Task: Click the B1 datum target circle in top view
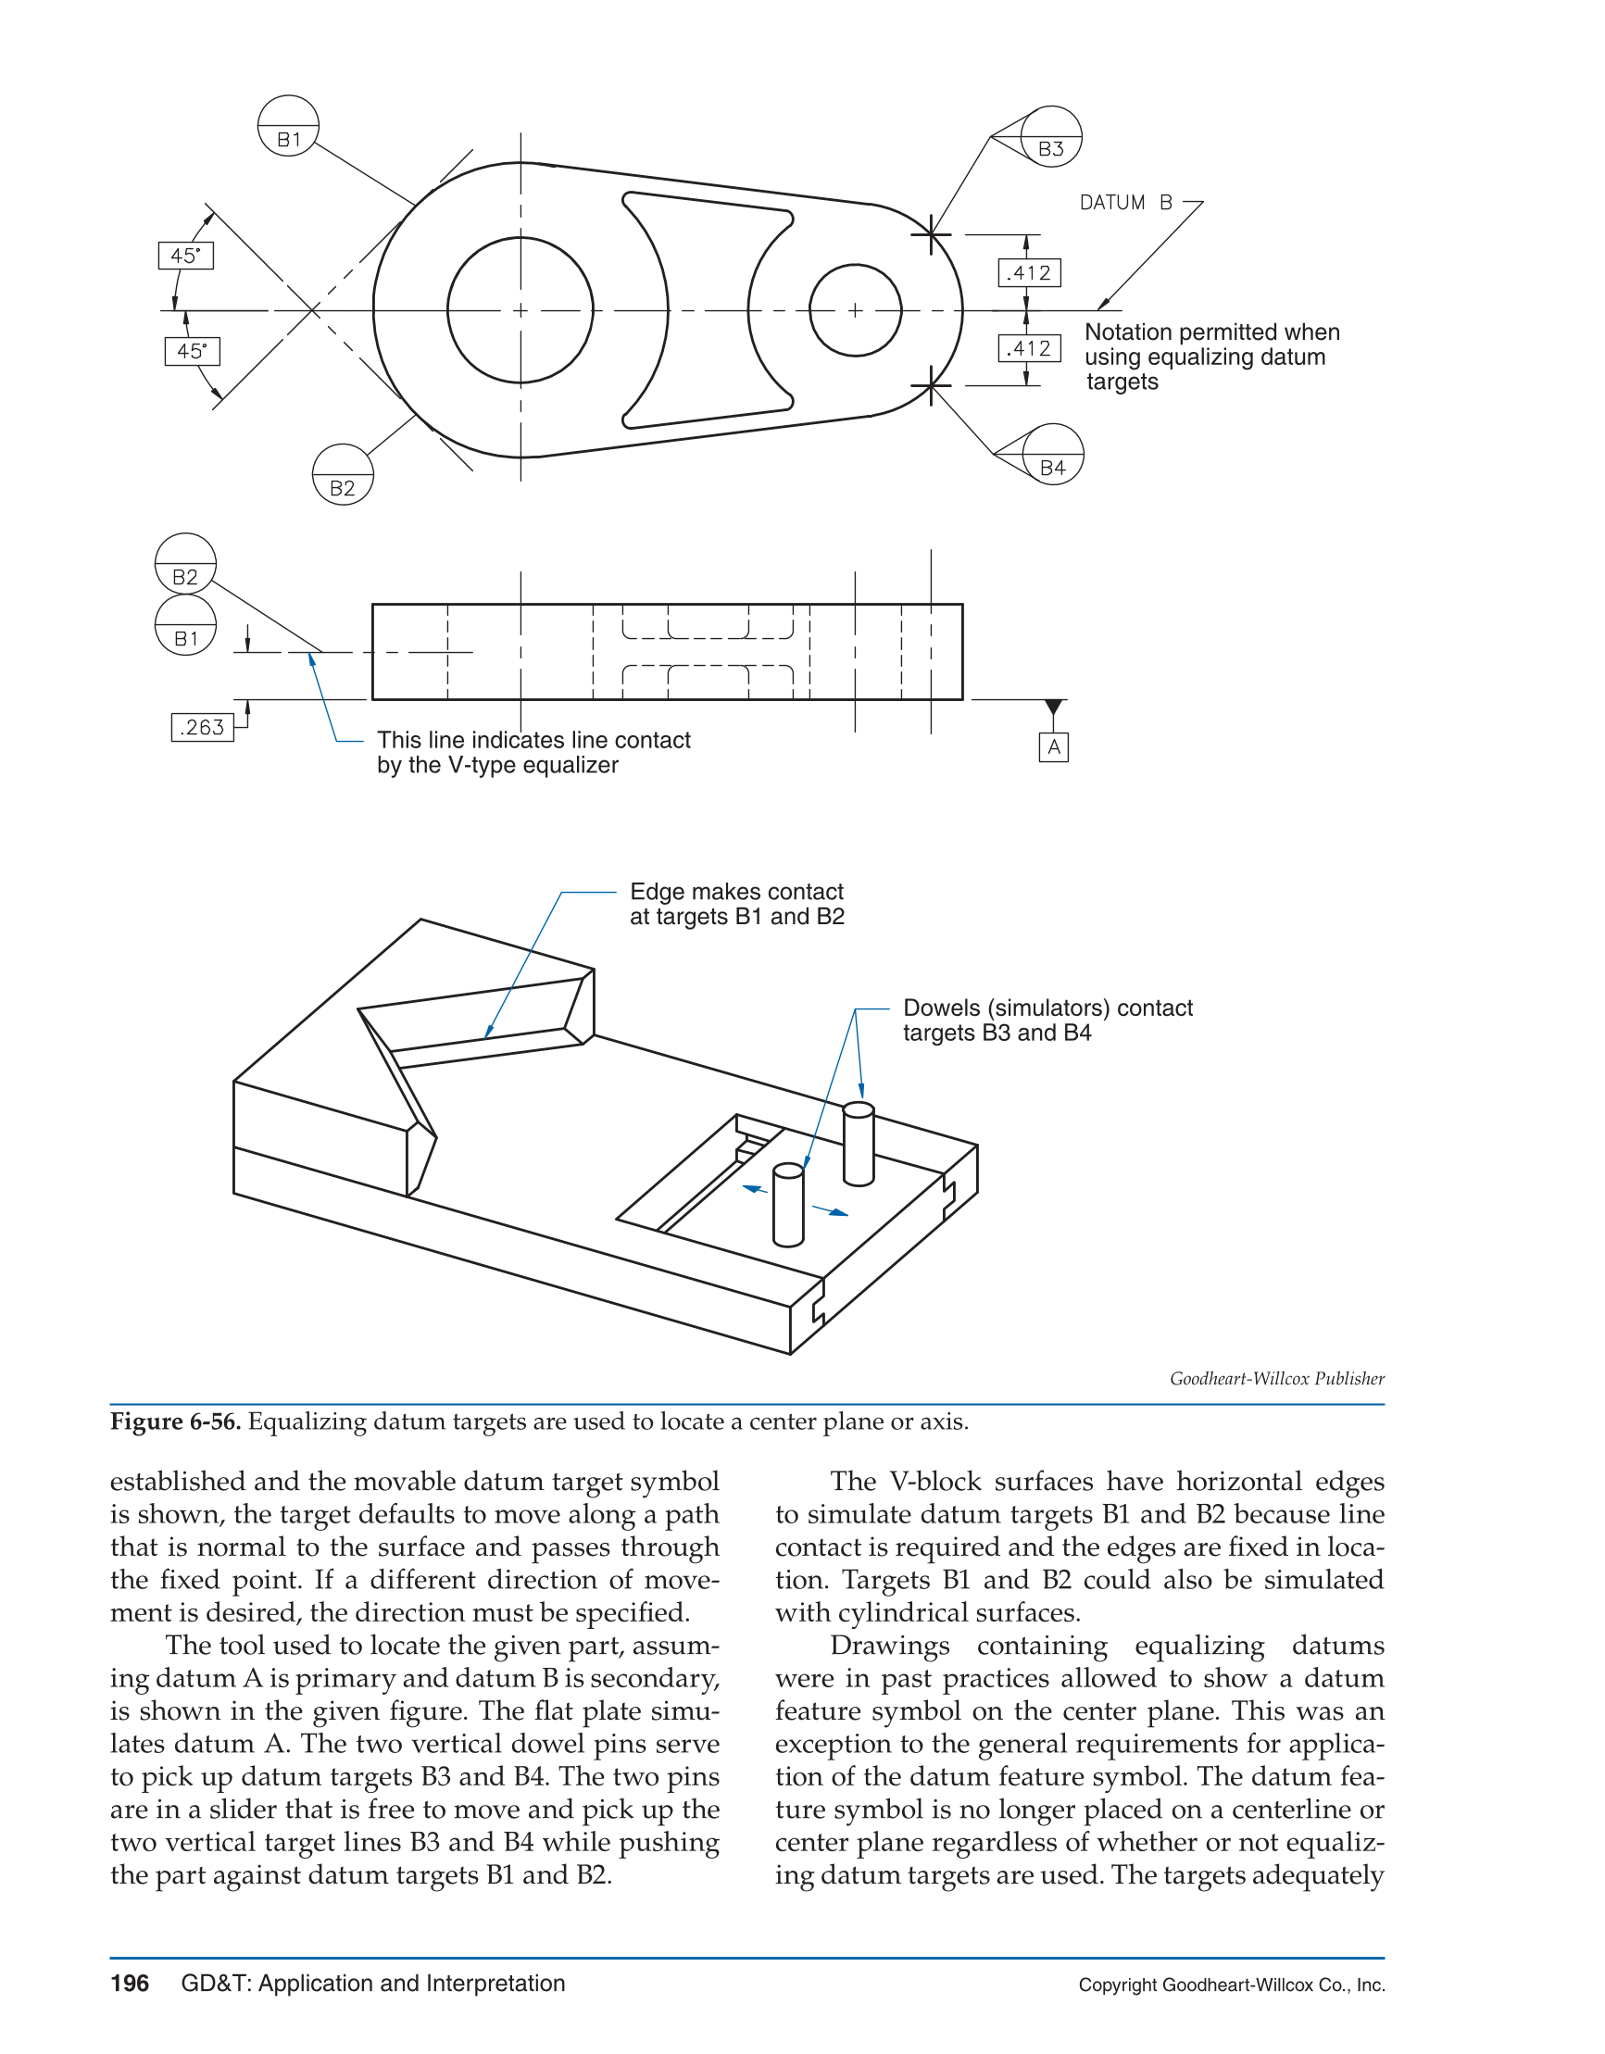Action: coord(288,126)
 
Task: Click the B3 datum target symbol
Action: coord(1051,136)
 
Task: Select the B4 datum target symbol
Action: coord(1053,455)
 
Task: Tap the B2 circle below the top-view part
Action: coord(343,475)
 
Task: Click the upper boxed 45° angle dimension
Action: coord(186,256)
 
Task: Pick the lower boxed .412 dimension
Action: coord(1029,349)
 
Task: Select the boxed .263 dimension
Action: coord(202,727)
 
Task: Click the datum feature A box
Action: coord(1054,746)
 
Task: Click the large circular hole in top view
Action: coord(520,309)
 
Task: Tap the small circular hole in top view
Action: coord(854,309)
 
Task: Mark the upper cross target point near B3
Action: coord(931,234)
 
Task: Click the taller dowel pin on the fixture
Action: coord(858,1146)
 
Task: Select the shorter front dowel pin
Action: coord(788,1206)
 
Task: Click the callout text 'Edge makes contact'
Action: coord(735,892)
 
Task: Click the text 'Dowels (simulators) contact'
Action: coord(1047,1008)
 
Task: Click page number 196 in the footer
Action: coord(130,1984)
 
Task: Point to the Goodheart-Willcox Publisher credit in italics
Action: coord(1276,1379)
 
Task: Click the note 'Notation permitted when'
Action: coord(1210,332)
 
